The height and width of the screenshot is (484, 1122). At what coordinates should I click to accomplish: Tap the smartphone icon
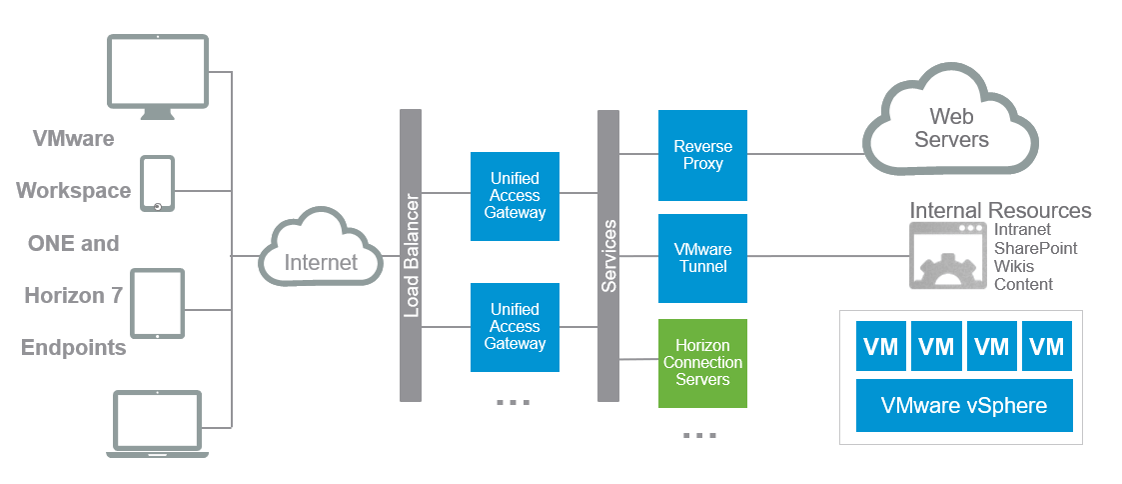click(x=157, y=184)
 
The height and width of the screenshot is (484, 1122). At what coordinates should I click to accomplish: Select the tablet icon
click(x=158, y=303)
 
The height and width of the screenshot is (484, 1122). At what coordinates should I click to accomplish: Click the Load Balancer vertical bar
click(x=411, y=255)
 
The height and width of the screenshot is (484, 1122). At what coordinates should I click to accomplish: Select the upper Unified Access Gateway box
click(x=515, y=196)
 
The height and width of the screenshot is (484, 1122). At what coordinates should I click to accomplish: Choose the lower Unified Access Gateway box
click(x=515, y=327)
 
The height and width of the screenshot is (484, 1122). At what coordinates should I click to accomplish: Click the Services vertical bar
click(x=608, y=255)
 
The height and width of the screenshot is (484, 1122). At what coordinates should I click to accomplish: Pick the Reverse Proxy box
click(x=702, y=155)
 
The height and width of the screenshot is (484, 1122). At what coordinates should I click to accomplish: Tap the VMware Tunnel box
click(x=702, y=258)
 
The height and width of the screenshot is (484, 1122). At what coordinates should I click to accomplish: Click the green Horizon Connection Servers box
click(x=702, y=363)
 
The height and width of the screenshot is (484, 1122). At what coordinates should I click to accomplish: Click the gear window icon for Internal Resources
click(x=947, y=256)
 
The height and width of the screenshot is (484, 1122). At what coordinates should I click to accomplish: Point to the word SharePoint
click(x=1035, y=248)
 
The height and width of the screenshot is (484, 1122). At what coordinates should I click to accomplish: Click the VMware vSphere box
click(x=964, y=405)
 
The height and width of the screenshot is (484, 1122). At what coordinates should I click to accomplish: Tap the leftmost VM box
click(x=881, y=346)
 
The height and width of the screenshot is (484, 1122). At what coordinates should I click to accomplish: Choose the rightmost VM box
click(x=1046, y=346)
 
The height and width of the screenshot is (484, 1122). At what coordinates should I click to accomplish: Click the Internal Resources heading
click(x=1000, y=211)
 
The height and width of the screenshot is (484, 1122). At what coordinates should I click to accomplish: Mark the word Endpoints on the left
click(x=74, y=348)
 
